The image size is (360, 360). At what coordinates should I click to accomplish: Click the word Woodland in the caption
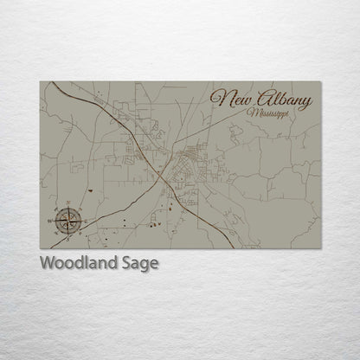[74, 263]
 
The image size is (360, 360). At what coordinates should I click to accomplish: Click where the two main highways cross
[160, 171]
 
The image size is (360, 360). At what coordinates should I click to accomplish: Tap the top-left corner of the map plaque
[40, 81]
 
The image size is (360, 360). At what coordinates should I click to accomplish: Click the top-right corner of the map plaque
[321, 81]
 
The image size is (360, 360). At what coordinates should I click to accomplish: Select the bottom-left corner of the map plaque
[40, 249]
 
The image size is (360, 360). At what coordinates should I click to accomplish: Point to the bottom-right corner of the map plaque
[321, 249]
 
